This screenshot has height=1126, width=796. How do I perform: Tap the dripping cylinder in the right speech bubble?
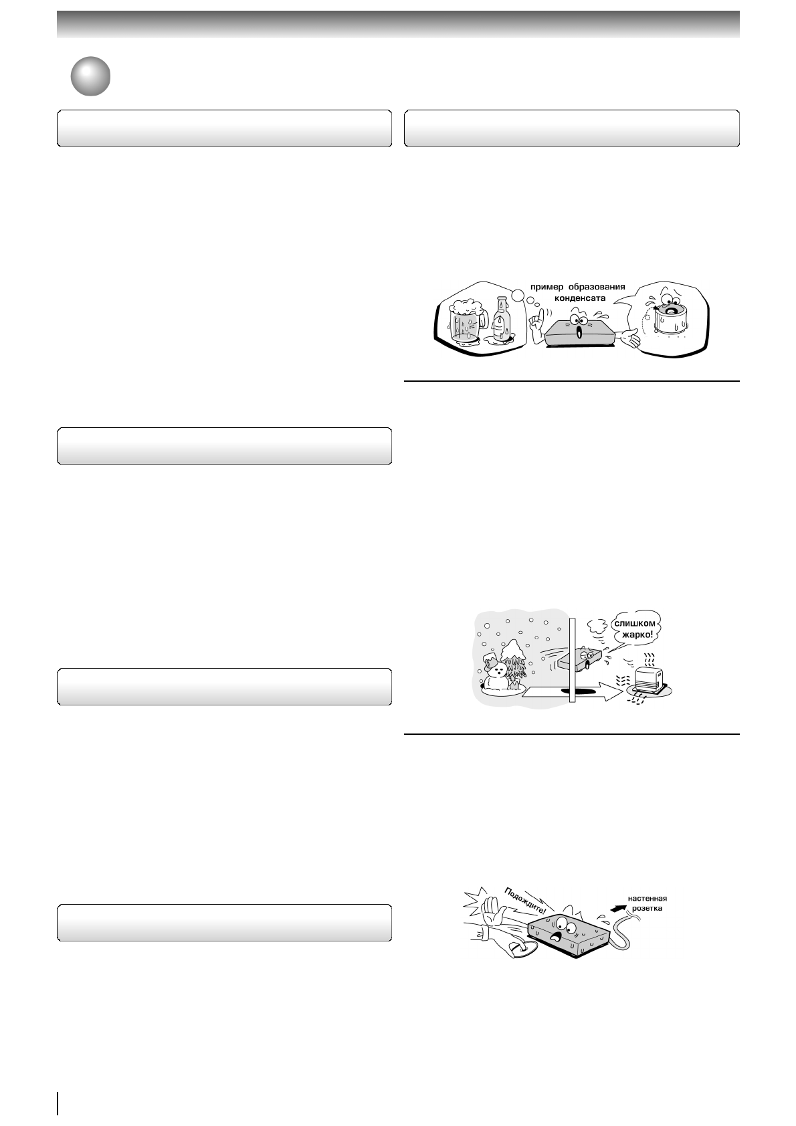(x=669, y=324)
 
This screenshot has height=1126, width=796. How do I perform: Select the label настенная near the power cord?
(x=647, y=899)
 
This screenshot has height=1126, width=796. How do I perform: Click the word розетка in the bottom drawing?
(x=647, y=909)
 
